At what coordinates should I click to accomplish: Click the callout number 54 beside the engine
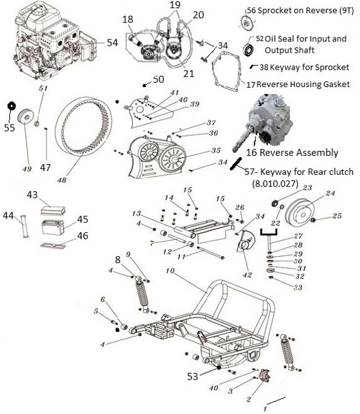point(112,43)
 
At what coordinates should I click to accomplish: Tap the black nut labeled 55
point(11,105)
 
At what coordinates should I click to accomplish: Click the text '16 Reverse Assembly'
point(292,152)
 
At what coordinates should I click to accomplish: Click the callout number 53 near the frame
point(193,376)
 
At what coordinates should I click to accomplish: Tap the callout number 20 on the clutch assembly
point(198,14)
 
